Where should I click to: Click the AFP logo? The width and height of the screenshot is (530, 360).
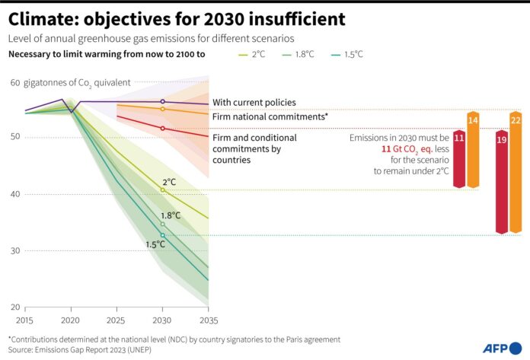[502, 348]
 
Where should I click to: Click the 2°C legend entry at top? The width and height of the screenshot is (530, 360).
[256, 54]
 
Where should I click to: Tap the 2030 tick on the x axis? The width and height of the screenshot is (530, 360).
[162, 320]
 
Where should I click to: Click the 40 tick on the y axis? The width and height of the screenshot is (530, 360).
[15, 194]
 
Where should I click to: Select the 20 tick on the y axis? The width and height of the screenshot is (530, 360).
[15, 307]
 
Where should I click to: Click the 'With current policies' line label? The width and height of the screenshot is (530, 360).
[254, 102]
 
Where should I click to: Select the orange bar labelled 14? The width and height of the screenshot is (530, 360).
[473, 149]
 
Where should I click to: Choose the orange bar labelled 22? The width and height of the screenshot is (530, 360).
[516, 172]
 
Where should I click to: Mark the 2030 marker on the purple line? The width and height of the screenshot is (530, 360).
[162, 101]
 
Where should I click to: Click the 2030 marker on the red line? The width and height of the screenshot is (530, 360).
[162, 129]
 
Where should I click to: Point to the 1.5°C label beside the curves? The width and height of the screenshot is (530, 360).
[155, 244]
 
